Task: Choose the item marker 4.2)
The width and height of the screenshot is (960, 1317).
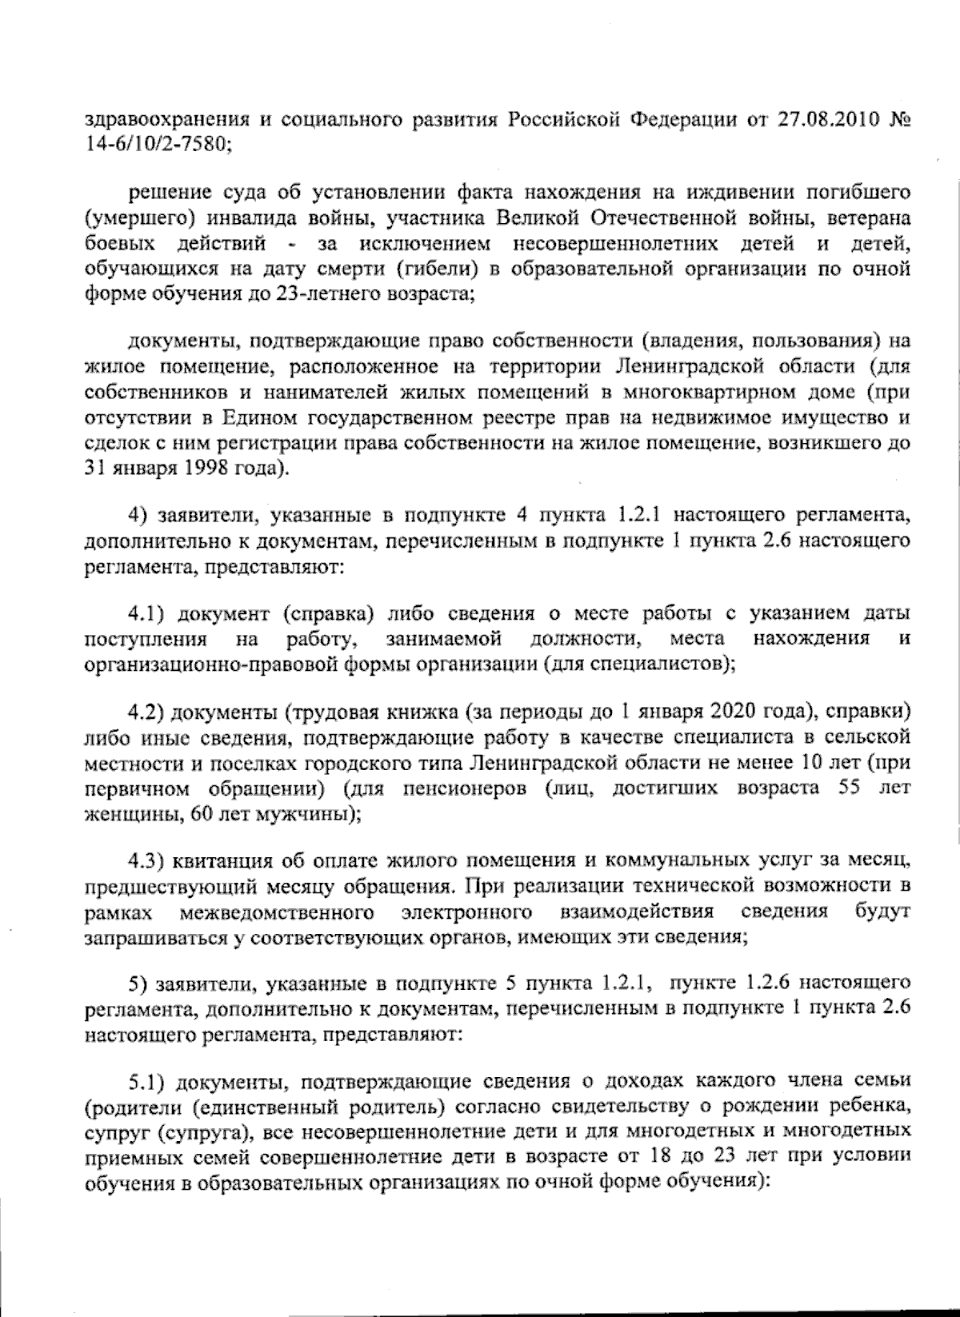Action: click(150, 713)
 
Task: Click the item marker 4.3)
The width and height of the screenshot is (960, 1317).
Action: click(150, 861)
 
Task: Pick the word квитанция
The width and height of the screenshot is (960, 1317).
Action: click(226, 861)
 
